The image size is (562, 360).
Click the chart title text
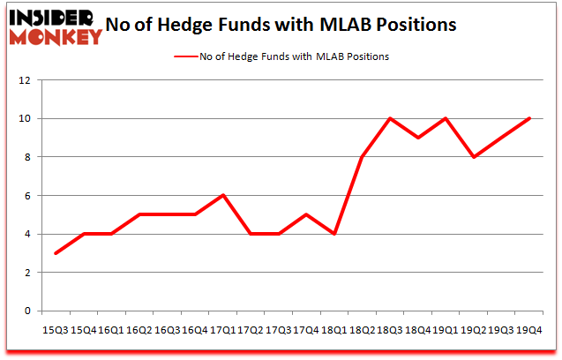(x=281, y=25)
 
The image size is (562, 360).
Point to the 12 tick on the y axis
(x=25, y=80)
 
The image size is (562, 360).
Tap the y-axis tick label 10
(x=25, y=118)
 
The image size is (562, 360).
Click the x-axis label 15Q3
(x=56, y=329)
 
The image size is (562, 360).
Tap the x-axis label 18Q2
(x=362, y=329)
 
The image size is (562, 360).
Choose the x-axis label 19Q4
(x=530, y=329)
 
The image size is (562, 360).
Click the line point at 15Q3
(x=56, y=253)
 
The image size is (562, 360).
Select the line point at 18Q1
(x=335, y=234)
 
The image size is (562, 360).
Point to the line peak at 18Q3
(x=390, y=118)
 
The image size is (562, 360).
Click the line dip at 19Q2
(x=474, y=157)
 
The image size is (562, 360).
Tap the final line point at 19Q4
(x=529, y=118)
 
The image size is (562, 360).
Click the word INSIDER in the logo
(x=51, y=17)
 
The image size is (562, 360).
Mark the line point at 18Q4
(x=418, y=138)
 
